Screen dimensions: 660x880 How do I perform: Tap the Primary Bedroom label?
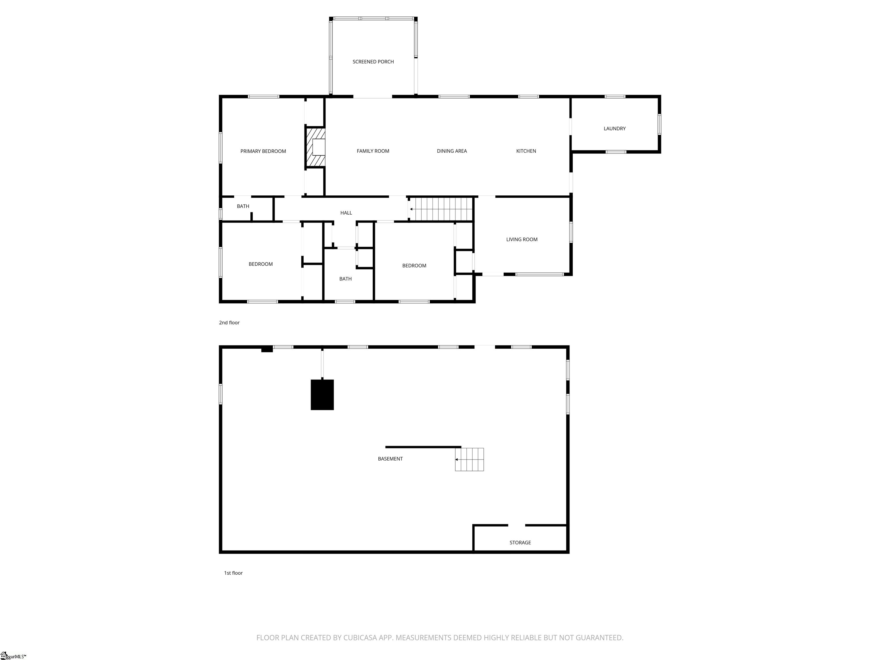pyautogui.click(x=263, y=151)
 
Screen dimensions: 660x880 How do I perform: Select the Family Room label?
pyautogui.click(x=373, y=151)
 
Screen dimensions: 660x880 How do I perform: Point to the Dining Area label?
pyautogui.click(x=451, y=151)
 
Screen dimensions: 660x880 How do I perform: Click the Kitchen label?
pyautogui.click(x=526, y=151)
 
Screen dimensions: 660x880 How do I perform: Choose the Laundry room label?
pyautogui.click(x=614, y=129)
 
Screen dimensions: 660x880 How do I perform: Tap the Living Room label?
pyautogui.click(x=522, y=239)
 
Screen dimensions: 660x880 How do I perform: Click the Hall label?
pyautogui.click(x=346, y=213)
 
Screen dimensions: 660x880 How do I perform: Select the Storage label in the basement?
pyautogui.click(x=520, y=543)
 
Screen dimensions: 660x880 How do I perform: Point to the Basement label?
pyautogui.click(x=390, y=459)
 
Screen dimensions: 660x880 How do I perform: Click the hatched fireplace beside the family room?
pyautogui.click(x=315, y=147)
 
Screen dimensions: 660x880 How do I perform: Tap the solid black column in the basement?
pyautogui.click(x=322, y=395)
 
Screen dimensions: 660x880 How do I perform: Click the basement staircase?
pyautogui.click(x=470, y=459)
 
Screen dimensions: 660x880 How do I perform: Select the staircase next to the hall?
pyautogui.click(x=441, y=209)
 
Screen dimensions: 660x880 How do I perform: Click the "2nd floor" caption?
pyautogui.click(x=229, y=323)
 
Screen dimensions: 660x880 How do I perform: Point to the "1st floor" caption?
pyautogui.click(x=233, y=573)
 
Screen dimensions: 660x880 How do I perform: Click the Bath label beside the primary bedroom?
pyautogui.click(x=243, y=206)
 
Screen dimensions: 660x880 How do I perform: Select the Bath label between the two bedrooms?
pyautogui.click(x=345, y=279)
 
